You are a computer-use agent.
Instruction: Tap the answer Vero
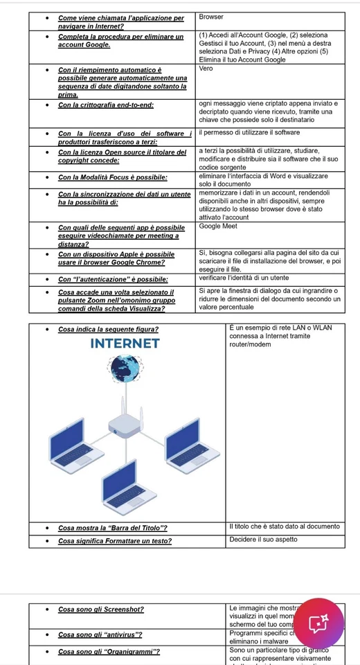[206, 69]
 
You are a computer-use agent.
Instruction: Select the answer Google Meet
[217, 227]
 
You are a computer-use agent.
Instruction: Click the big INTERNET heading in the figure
[125, 344]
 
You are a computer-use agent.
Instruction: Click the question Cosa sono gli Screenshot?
[101, 610]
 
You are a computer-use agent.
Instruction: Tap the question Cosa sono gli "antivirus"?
[100, 635]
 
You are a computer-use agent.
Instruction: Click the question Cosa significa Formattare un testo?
[115, 541]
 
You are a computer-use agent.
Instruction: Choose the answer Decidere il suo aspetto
[263, 539]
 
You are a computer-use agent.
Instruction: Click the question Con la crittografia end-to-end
[106, 105]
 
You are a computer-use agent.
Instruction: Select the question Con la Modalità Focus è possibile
[113, 177]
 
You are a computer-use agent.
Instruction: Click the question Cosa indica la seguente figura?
[108, 329]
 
